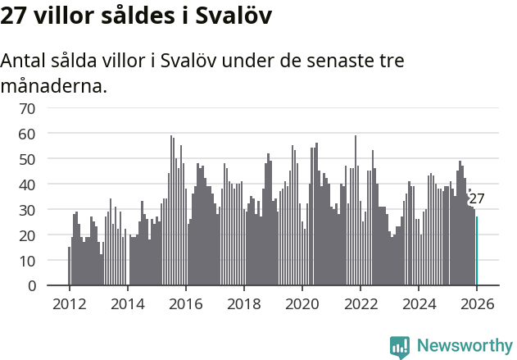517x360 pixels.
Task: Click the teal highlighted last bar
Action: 477,251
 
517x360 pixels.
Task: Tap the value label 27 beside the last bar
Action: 477,199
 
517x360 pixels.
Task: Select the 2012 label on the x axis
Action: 69,304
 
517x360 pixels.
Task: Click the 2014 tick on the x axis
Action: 127,304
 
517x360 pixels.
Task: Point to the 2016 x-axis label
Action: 185,304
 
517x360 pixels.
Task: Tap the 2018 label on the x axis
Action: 243,304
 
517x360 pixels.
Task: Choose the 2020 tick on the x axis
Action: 302,304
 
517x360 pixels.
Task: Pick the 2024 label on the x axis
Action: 419,304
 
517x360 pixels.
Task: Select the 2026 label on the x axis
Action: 477,304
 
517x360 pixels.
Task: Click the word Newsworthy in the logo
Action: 465,345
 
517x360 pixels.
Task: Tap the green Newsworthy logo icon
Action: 400,347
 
